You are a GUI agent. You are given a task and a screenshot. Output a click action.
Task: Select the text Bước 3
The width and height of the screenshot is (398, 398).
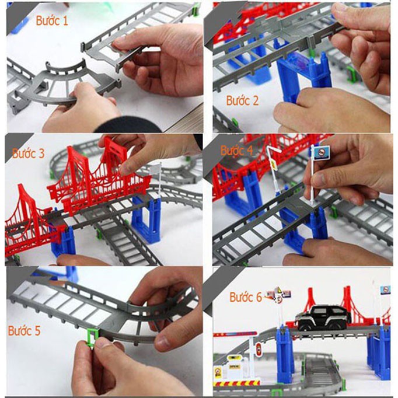[28, 154]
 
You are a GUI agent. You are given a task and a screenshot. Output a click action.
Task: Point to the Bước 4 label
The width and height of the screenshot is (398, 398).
[236, 150]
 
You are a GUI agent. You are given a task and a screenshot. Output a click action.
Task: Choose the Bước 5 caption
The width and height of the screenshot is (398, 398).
[24, 331]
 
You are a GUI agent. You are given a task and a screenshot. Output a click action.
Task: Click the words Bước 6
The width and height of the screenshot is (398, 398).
[246, 297]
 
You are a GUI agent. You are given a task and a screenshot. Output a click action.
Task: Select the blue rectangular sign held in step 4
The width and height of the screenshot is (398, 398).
[319, 153]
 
